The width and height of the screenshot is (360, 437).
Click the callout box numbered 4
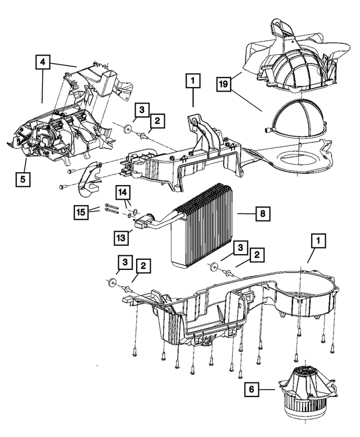click(x=43, y=62)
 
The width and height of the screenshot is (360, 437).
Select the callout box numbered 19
click(x=224, y=85)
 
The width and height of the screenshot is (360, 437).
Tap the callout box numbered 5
click(x=24, y=180)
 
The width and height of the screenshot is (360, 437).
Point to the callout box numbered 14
click(x=123, y=192)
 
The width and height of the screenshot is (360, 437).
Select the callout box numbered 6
click(x=251, y=389)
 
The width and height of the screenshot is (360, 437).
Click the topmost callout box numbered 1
click(x=192, y=82)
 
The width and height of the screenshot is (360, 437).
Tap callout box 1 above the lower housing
click(x=318, y=241)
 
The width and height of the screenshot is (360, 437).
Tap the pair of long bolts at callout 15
click(x=111, y=210)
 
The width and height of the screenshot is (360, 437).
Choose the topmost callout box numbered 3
click(x=142, y=109)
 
